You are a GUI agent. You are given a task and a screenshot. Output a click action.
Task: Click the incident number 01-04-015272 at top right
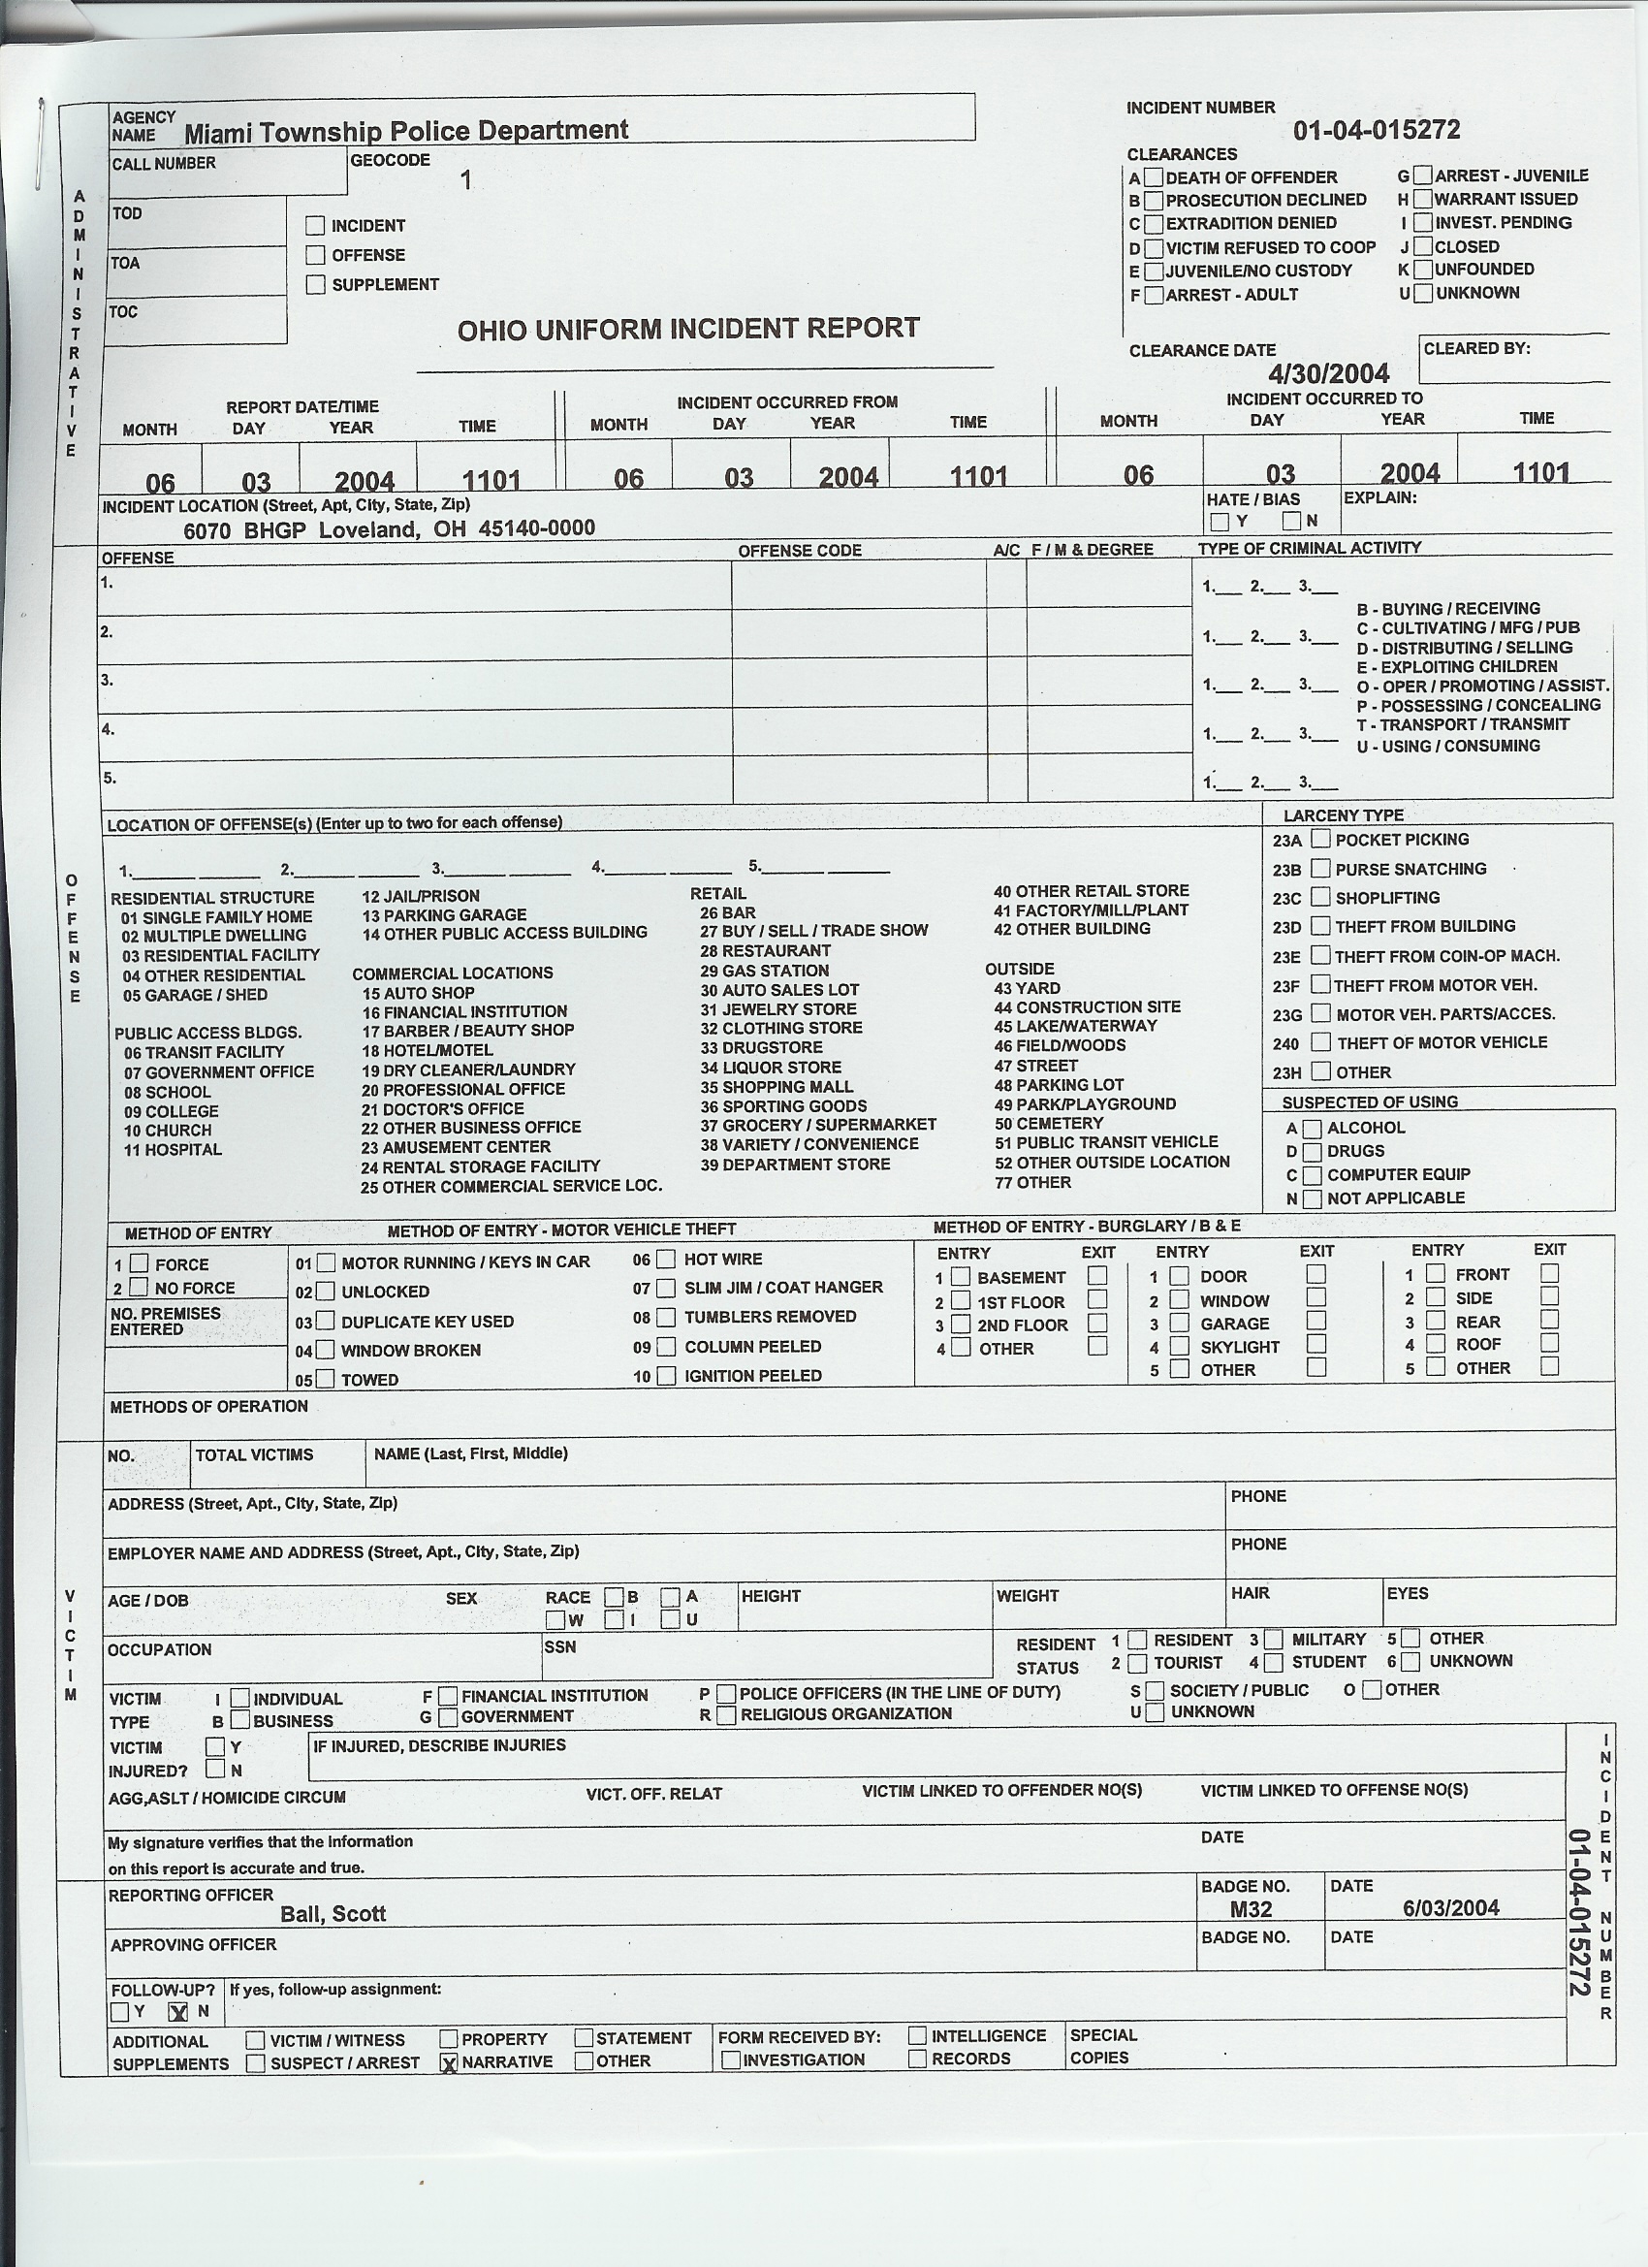[x=1376, y=130]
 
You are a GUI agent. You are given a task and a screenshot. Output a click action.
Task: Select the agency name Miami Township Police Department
[x=406, y=131]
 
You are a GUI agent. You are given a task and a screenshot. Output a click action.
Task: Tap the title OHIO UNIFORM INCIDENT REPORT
[x=687, y=329]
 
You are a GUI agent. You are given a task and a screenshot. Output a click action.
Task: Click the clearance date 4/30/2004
[x=1328, y=374]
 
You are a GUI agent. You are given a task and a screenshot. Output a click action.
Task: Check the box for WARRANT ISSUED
[x=1423, y=199]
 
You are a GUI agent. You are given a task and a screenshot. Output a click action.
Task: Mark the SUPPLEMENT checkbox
[x=316, y=285]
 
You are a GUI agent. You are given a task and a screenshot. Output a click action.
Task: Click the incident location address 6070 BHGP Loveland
[x=389, y=528]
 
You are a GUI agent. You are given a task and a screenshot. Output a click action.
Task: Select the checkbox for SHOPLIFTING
[x=1321, y=897]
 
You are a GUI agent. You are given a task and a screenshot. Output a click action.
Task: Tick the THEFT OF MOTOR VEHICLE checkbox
[x=1321, y=1041]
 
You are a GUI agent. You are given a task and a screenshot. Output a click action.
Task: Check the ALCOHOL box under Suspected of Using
[x=1313, y=1128]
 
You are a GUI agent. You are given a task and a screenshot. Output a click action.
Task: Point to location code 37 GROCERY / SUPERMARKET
[x=817, y=1125]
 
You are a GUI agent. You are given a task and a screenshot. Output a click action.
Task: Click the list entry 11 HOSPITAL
[x=172, y=1149]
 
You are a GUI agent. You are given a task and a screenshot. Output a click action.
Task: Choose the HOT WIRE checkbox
[x=666, y=1259]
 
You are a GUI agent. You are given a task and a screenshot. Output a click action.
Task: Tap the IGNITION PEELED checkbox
[x=666, y=1375]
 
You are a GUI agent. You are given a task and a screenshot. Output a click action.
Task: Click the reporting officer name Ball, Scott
[x=333, y=1913]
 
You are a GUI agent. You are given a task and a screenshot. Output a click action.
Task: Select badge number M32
[x=1251, y=1909]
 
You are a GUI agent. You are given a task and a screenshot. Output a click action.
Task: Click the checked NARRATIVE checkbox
[x=450, y=2062]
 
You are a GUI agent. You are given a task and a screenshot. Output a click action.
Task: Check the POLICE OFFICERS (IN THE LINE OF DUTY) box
[x=726, y=1693]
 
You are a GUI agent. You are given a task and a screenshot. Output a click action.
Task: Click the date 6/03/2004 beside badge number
[x=1450, y=1907]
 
